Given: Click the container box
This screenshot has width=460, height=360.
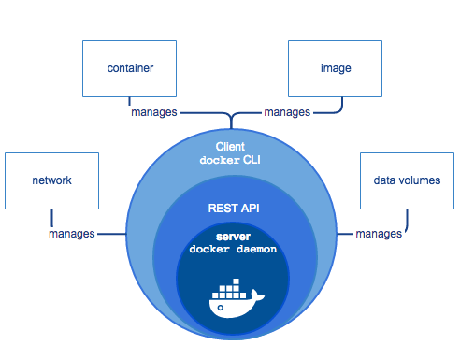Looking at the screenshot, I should click(x=129, y=68).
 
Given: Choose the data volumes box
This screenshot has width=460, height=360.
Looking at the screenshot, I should click(x=406, y=180).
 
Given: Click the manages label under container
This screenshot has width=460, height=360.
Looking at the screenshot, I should click(x=152, y=112).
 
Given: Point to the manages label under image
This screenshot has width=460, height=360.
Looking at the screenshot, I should click(x=287, y=112).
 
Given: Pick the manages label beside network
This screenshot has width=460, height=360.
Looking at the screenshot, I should click(x=72, y=233).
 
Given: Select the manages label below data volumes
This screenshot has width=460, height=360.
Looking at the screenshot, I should click(x=380, y=233).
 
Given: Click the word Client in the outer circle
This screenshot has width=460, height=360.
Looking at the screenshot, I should click(x=230, y=147).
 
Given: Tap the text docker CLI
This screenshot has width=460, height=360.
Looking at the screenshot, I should click(x=230, y=160).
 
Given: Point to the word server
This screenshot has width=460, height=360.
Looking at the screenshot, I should click(x=230, y=237).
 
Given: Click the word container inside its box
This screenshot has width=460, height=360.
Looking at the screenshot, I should click(x=129, y=68).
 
